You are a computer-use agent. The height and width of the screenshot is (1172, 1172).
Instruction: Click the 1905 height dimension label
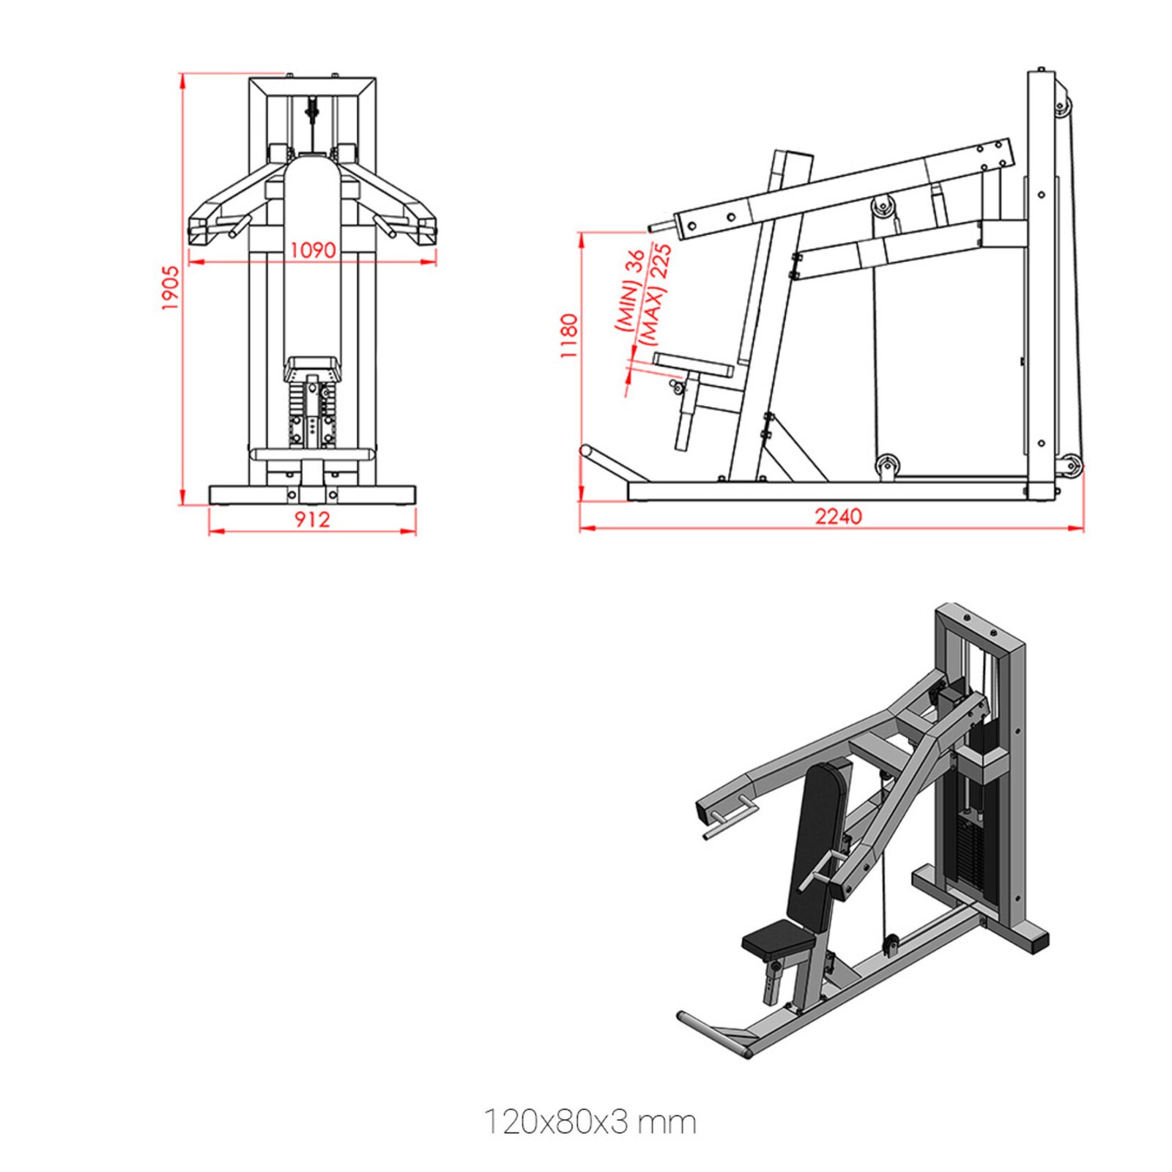click(170, 287)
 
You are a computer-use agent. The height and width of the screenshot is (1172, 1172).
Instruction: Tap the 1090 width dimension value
click(313, 251)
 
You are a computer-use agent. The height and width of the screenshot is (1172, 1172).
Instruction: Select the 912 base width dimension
click(312, 519)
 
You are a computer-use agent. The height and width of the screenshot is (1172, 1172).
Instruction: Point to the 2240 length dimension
click(838, 516)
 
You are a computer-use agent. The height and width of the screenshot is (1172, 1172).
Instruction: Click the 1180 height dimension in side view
click(569, 335)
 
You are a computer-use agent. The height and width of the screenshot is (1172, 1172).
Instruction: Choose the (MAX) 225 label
click(654, 293)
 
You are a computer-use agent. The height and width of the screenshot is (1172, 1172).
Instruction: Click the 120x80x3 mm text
click(590, 1121)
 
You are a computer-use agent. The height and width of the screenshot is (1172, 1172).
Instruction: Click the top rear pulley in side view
click(1061, 107)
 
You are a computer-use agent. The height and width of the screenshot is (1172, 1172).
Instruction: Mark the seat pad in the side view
click(692, 363)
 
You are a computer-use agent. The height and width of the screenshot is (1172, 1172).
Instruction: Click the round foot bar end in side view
click(585, 451)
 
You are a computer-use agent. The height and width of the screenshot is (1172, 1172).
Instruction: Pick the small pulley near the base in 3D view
click(891, 945)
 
